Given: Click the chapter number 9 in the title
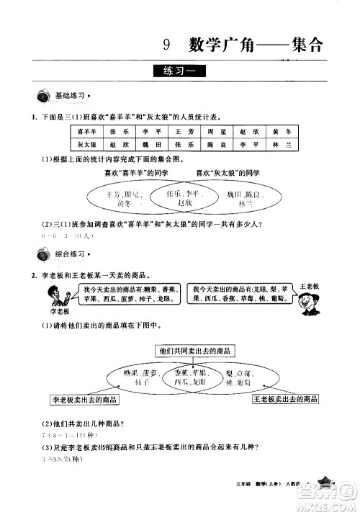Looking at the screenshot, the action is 166,46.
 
